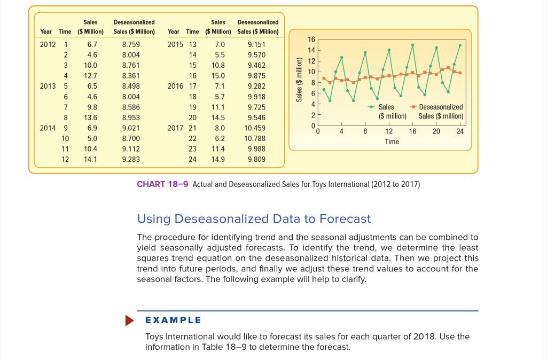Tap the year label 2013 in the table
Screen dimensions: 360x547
[47, 86]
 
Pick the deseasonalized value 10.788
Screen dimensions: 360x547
[255, 138]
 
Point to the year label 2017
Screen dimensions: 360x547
[175, 128]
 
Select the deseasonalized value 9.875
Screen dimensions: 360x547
[256, 76]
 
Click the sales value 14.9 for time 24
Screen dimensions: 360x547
[218, 159]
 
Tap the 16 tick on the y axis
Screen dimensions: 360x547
[311, 40]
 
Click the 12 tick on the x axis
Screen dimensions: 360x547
[389, 131]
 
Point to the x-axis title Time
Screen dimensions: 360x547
[392, 142]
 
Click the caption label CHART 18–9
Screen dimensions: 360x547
[162, 184]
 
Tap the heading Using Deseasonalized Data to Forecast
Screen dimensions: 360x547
[254, 219]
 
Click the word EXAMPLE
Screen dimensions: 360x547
[174, 320]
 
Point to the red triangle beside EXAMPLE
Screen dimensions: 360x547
[130, 320]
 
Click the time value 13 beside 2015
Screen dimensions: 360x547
[193, 44]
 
